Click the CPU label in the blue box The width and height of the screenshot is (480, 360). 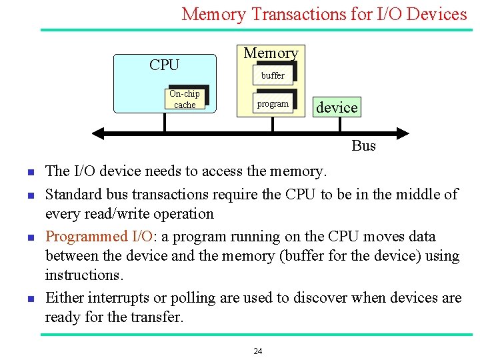click(x=164, y=65)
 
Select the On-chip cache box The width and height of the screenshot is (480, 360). click(x=185, y=99)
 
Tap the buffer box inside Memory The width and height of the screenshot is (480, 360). click(x=273, y=75)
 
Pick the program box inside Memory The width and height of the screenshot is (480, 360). click(x=273, y=104)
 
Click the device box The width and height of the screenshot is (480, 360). click(x=337, y=107)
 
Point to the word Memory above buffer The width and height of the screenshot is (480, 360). click(x=271, y=53)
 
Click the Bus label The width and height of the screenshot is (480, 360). click(x=363, y=145)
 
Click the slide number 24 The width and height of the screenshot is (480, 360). click(x=257, y=351)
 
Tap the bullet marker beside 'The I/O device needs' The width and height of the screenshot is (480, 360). click(x=31, y=173)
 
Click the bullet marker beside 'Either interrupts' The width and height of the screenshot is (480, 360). click(x=31, y=299)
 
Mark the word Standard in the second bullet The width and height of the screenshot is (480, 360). click(x=72, y=194)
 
